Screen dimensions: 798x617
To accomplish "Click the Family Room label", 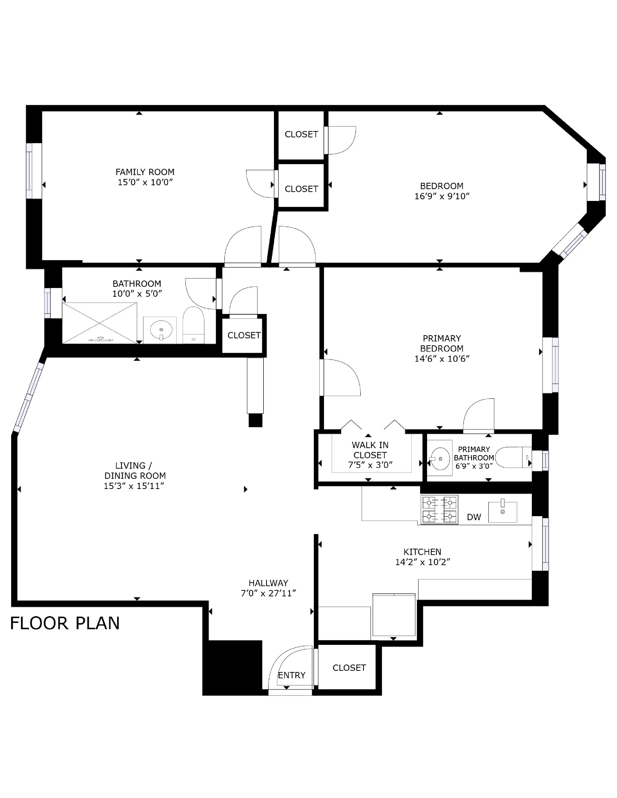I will [145, 172].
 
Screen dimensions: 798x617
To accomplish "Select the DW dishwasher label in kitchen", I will [474, 517].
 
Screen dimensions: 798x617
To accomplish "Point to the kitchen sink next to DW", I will [503, 512].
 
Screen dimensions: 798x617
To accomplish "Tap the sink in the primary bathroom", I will [440, 458].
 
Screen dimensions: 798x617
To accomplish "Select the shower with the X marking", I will [99, 323].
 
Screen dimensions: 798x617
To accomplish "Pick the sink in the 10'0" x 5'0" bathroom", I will [161, 330].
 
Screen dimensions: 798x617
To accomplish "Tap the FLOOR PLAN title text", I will [65, 623].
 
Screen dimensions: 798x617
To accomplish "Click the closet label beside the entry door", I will [349, 668].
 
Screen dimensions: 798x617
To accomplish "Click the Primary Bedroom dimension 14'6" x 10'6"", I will [442, 359].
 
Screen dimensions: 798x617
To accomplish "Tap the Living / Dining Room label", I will [135, 471].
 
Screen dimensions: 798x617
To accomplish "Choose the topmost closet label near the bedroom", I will [301, 134].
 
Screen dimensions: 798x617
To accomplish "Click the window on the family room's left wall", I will [34, 171].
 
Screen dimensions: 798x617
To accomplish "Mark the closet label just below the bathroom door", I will [244, 335].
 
